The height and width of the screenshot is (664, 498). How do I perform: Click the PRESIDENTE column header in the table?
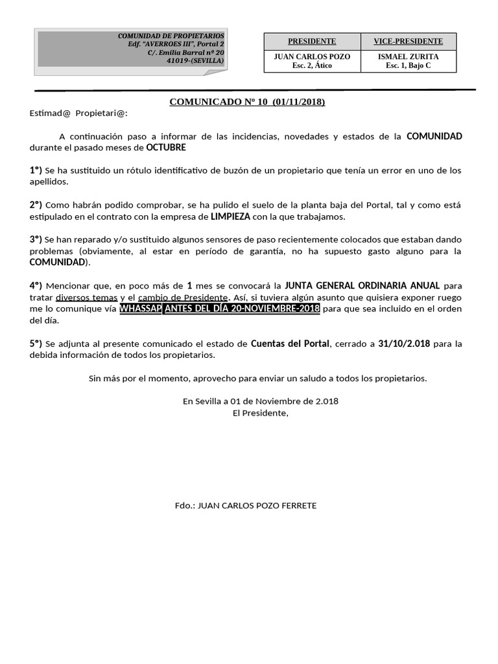[311, 41]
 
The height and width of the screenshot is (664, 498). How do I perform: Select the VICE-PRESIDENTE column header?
[408, 41]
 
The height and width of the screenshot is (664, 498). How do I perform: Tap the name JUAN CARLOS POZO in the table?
[312, 57]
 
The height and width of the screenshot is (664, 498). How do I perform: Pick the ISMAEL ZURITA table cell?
[408, 57]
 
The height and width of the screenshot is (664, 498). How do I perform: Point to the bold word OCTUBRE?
[166, 148]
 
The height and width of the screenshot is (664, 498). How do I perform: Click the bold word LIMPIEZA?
[230, 217]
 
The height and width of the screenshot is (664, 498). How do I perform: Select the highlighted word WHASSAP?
[141, 309]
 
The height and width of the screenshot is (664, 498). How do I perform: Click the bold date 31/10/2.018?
[404, 343]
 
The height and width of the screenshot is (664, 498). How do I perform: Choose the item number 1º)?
[36, 171]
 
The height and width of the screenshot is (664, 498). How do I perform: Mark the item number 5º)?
[36, 343]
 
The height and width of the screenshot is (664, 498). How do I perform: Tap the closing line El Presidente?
[261, 413]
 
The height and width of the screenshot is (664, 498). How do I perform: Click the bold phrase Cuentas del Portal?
[290, 343]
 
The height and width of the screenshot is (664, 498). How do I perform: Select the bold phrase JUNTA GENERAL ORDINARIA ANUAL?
[362, 285]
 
